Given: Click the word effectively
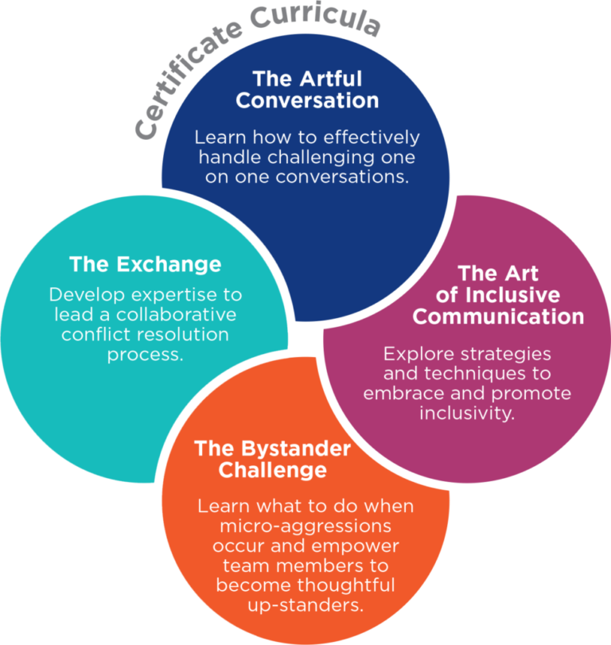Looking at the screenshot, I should click(375, 137).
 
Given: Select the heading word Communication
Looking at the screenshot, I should click(498, 317).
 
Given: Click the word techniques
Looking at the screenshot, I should click(474, 372).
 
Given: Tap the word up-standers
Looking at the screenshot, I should click(306, 605).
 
